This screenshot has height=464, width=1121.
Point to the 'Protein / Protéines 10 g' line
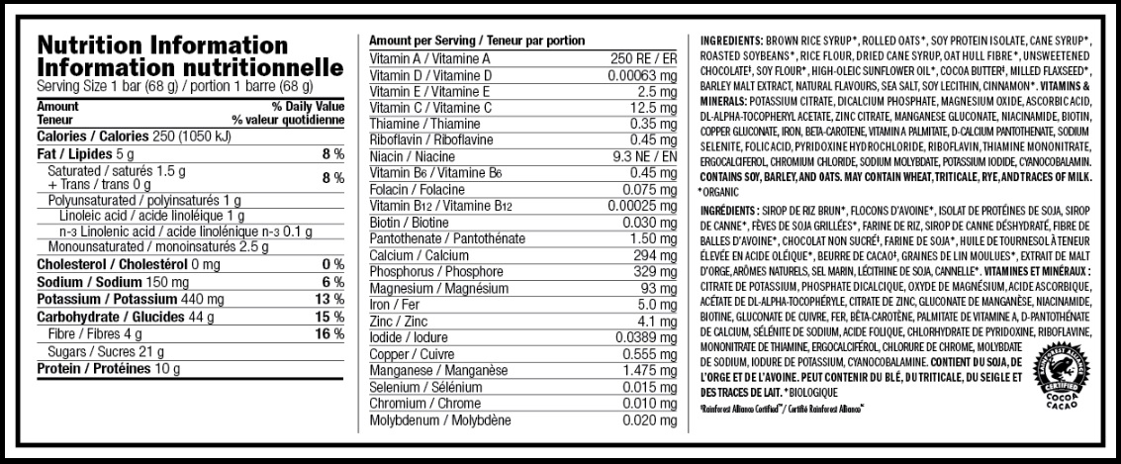click(x=108, y=369)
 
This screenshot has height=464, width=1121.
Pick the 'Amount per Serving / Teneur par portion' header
click(x=476, y=40)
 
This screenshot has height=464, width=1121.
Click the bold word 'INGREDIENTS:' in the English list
click(x=729, y=40)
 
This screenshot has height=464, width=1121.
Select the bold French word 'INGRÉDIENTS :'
click(x=731, y=211)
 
